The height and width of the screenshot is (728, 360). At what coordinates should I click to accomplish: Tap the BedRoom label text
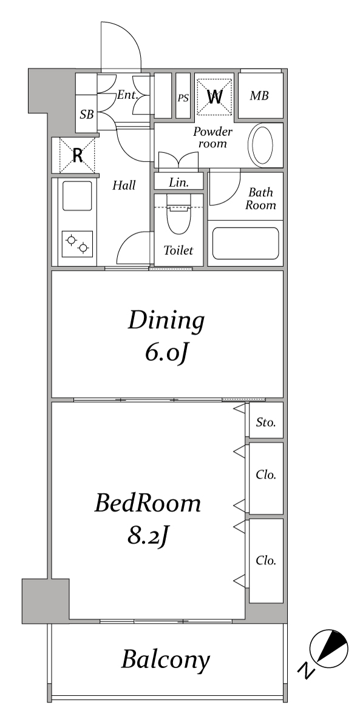point(148,503)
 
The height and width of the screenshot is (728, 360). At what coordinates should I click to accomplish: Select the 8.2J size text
point(148,536)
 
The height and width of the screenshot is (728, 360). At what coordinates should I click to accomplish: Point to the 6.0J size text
point(166,352)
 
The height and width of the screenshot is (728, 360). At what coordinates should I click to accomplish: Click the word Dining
point(166,322)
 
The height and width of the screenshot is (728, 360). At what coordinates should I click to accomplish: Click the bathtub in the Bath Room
point(245,243)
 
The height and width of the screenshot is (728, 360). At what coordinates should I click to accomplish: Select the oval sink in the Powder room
point(262,145)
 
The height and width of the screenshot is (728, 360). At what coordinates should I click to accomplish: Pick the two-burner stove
point(77,244)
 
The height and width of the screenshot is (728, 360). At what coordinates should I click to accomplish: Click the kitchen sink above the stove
point(77,196)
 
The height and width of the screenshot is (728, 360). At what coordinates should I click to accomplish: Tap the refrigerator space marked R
point(77,155)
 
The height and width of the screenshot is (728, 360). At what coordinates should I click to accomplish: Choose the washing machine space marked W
point(215,96)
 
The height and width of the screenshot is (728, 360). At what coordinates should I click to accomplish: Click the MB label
point(259,96)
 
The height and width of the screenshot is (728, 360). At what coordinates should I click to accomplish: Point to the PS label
point(183,98)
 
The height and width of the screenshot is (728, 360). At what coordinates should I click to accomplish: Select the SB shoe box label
point(87,115)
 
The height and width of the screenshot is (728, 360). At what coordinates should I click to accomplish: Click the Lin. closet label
point(179,183)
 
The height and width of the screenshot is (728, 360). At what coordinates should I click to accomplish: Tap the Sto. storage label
point(266,422)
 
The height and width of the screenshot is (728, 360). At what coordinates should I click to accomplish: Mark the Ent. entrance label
point(128,95)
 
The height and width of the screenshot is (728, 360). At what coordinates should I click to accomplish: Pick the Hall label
point(124,185)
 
